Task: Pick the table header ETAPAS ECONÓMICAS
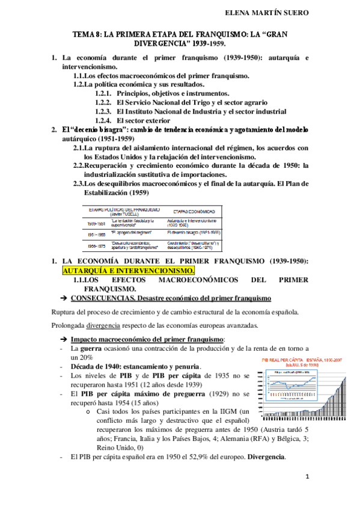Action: pyautogui.click(x=191, y=212)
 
